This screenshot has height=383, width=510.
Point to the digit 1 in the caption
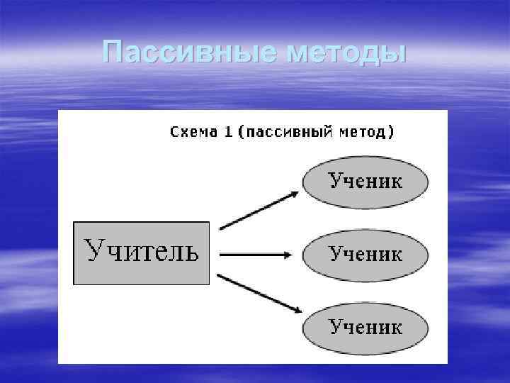coord(228,132)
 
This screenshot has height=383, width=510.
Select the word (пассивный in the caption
coord(285,133)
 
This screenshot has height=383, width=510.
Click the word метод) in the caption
coord(367,133)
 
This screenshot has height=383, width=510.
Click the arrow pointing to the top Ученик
coord(259,210)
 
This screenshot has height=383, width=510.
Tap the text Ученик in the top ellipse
coord(365,181)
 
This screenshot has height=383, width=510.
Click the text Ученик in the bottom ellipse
coord(365,327)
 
